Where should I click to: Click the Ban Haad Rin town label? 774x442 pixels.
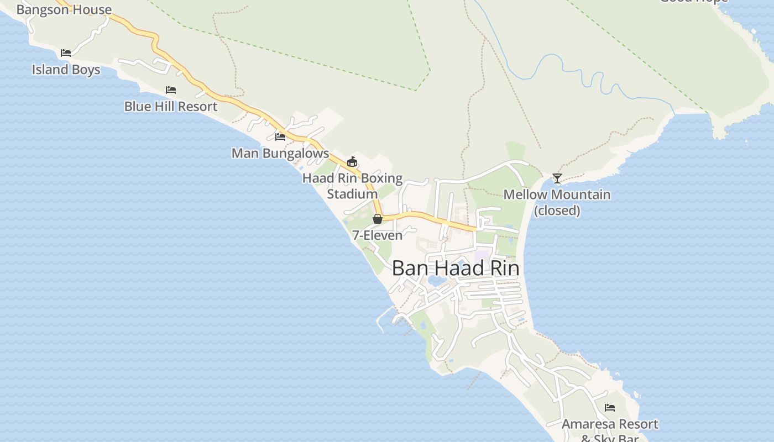pyautogui.click(x=456, y=269)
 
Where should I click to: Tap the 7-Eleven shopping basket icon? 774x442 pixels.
pyautogui.click(x=378, y=219)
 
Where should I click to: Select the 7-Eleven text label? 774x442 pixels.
pyautogui.click(x=378, y=235)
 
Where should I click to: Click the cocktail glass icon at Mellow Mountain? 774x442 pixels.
pyautogui.click(x=557, y=178)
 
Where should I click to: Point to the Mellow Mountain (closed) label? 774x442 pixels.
pyautogui.click(x=557, y=202)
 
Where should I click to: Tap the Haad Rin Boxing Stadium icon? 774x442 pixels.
pyautogui.click(x=352, y=161)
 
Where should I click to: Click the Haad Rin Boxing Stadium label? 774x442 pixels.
pyautogui.click(x=352, y=186)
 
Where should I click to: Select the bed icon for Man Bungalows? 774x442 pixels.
pyautogui.click(x=280, y=136)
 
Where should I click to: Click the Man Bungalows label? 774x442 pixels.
pyautogui.click(x=280, y=153)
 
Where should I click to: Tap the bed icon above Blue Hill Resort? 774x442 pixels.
pyautogui.click(x=171, y=90)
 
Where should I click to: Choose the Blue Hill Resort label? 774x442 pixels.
pyautogui.click(x=171, y=106)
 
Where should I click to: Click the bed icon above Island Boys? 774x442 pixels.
pyautogui.click(x=66, y=53)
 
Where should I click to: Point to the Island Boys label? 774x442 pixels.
pyautogui.click(x=66, y=70)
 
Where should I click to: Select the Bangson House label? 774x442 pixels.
pyautogui.click(x=64, y=9)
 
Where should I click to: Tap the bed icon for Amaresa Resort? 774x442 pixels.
pyautogui.click(x=610, y=408)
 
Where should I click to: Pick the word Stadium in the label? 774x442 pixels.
pyautogui.click(x=352, y=194)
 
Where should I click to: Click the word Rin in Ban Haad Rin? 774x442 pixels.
pyautogui.click(x=503, y=269)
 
